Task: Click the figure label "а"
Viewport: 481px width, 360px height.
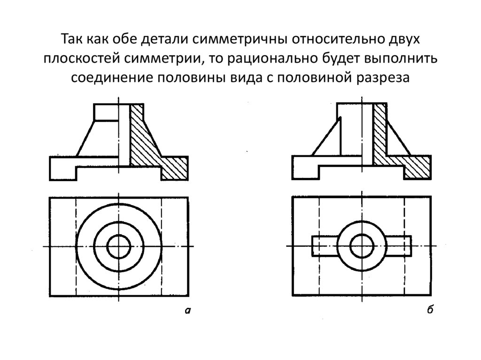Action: (x=187, y=310)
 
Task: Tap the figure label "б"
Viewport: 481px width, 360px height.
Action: (x=430, y=310)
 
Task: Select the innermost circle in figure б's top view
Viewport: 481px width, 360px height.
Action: (x=362, y=246)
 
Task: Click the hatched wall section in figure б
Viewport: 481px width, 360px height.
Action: (x=380, y=136)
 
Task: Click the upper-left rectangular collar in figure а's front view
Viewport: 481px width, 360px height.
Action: (x=106, y=113)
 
